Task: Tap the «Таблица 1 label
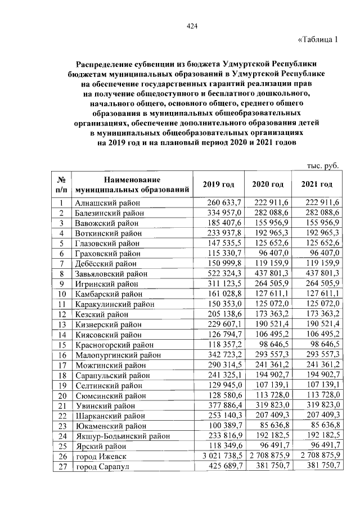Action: click(318, 39)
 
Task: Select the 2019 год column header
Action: click(219, 184)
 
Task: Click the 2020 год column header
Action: click(268, 184)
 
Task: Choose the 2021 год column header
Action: click(317, 184)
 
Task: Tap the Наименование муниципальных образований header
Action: click(132, 184)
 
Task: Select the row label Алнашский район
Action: click(107, 202)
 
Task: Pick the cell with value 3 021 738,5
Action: click(219, 456)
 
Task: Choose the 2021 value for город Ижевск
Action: click(317, 456)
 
